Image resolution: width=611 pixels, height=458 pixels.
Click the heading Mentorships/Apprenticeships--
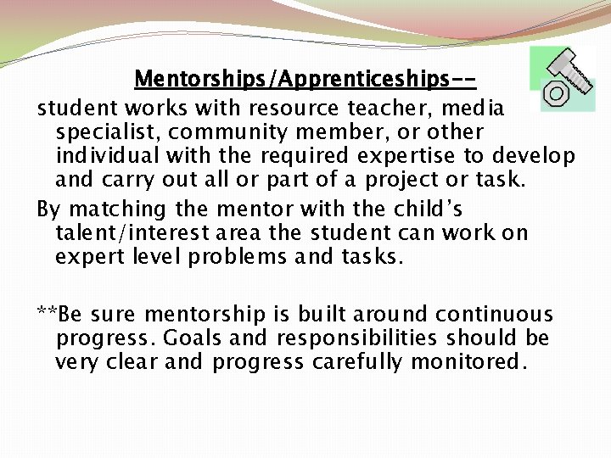[305, 80]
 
